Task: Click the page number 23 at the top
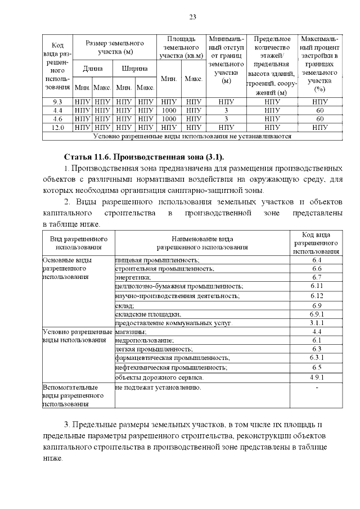pos(192,17)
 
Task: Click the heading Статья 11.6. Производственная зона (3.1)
pos(148,156)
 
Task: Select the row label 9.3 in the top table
pos(57,102)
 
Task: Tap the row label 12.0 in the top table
pos(57,128)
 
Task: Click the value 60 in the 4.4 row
pos(319,110)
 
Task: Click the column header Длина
pos(92,69)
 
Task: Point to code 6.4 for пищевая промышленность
pos(316,260)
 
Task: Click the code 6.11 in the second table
pos(316,286)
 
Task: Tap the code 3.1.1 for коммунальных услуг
pos(316,323)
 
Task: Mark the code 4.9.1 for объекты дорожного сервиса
pos(316,376)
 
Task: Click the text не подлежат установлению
pos(158,388)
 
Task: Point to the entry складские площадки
pos(148,314)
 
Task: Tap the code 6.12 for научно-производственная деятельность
pos(316,296)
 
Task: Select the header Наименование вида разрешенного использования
pos(202,243)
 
